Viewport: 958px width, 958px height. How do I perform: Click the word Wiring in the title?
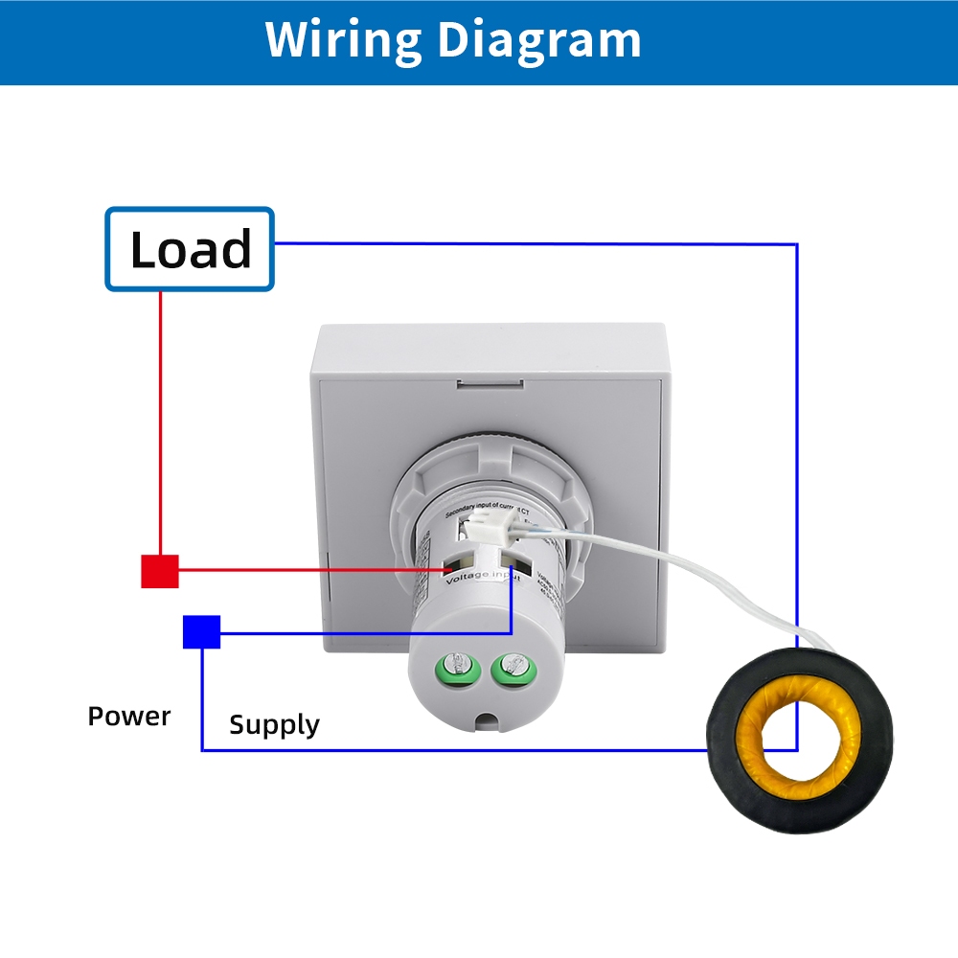pyautogui.click(x=343, y=40)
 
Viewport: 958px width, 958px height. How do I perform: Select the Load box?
pyautogui.click(x=190, y=249)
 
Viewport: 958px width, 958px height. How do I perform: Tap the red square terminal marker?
pyautogui.click(x=160, y=571)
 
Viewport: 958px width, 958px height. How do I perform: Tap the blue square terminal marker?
pyautogui.click(x=201, y=632)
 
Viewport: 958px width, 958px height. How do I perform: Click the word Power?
pyautogui.click(x=129, y=717)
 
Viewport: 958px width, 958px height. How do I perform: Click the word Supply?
pyautogui.click(x=274, y=725)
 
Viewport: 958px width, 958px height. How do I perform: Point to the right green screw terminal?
pyautogui.click(x=509, y=668)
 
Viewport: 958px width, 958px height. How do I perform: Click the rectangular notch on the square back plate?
pyautogui.click(x=490, y=384)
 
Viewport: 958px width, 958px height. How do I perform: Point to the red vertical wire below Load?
pyautogui.click(x=160, y=422)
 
